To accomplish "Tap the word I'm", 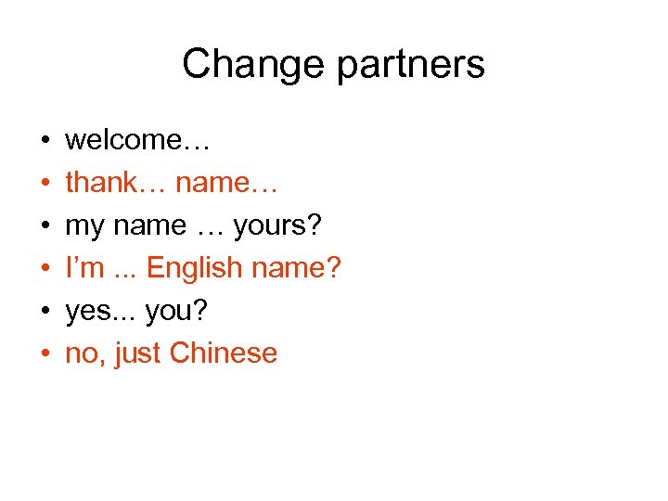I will pos(84,268).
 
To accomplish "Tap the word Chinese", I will pos(224,353).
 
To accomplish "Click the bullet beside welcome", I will pos(45,141).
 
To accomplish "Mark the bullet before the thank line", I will pos(45,184).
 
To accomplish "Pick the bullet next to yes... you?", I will pos(45,312).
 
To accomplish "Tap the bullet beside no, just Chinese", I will pos(45,354).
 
